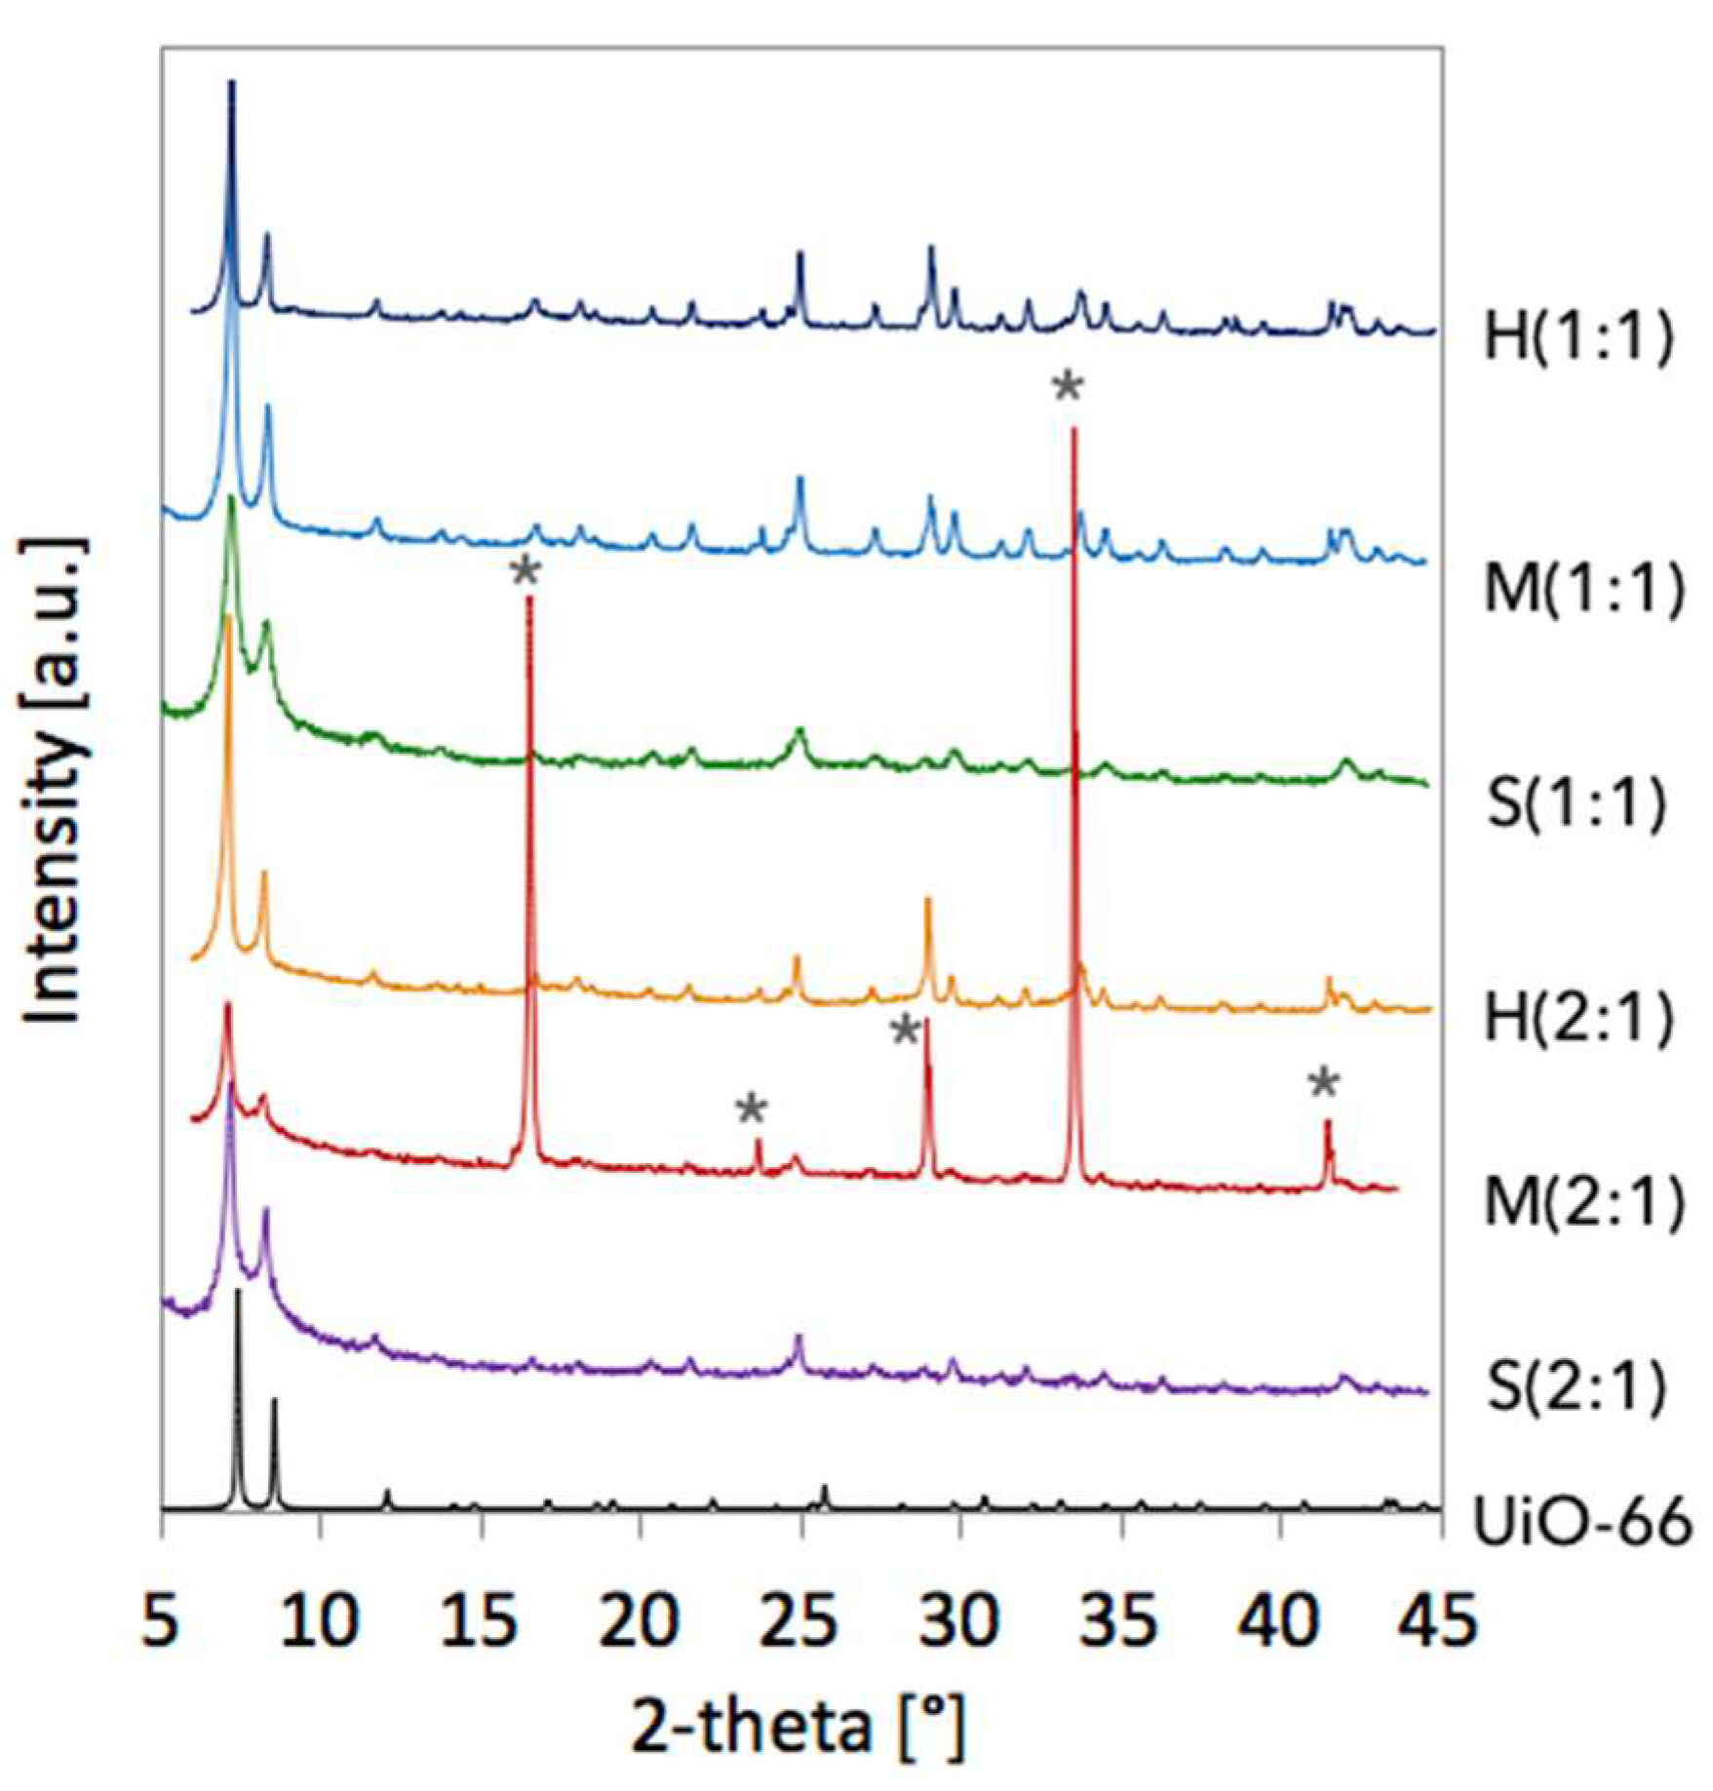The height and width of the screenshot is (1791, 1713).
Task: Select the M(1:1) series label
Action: [x=1583, y=590]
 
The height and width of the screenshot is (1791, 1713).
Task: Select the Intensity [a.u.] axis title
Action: [x=56, y=780]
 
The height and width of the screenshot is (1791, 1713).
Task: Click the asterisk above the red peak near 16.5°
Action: [x=525, y=573]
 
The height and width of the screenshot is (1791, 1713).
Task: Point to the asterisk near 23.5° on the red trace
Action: [x=752, y=1110]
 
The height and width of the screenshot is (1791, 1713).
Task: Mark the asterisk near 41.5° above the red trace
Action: [x=1323, y=1084]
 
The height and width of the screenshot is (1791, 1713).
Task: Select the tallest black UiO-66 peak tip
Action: [x=238, y=1292]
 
